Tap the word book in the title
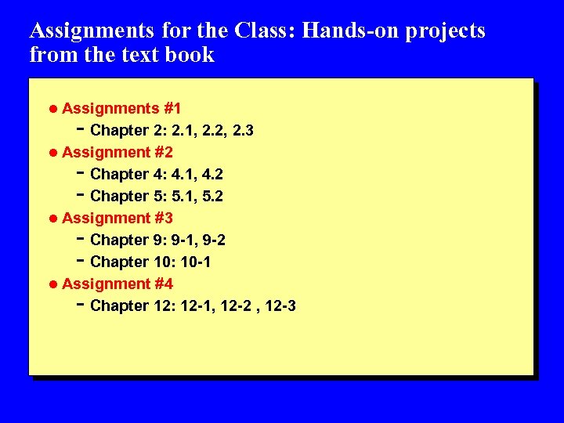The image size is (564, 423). click(x=191, y=55)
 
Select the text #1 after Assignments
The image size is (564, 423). click(x=168, y=108)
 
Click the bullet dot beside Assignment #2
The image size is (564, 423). click(x=53, y=152)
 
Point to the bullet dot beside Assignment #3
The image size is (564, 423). click(x=53, y=218)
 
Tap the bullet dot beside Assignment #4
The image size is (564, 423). click(x=53, y=284)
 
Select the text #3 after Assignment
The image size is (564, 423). click(x=164, y=218)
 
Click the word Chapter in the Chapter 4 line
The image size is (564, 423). click(x=119, y=174)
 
